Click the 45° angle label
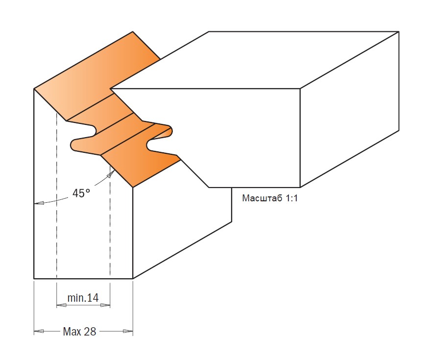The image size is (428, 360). pos(81,193)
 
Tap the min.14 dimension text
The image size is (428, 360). pos(83,297)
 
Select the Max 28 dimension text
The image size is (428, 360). pos(79,332)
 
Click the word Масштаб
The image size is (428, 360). pos(262,198)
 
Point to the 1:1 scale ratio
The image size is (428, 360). pos(291,198)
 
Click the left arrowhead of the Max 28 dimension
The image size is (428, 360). pos(39,331)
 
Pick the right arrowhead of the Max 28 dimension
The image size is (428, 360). pos(128,331)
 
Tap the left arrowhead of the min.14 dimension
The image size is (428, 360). pos(61,306)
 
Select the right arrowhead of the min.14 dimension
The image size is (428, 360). pos(105,306)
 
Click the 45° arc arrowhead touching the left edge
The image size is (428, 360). pos(39,203)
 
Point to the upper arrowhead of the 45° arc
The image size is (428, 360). pos(111,173)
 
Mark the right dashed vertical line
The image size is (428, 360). pos(110,221)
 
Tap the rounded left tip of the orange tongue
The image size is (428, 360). pos(72,144)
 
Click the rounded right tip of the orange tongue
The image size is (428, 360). pos(170,131)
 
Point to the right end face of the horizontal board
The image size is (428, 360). pos(349,109)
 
